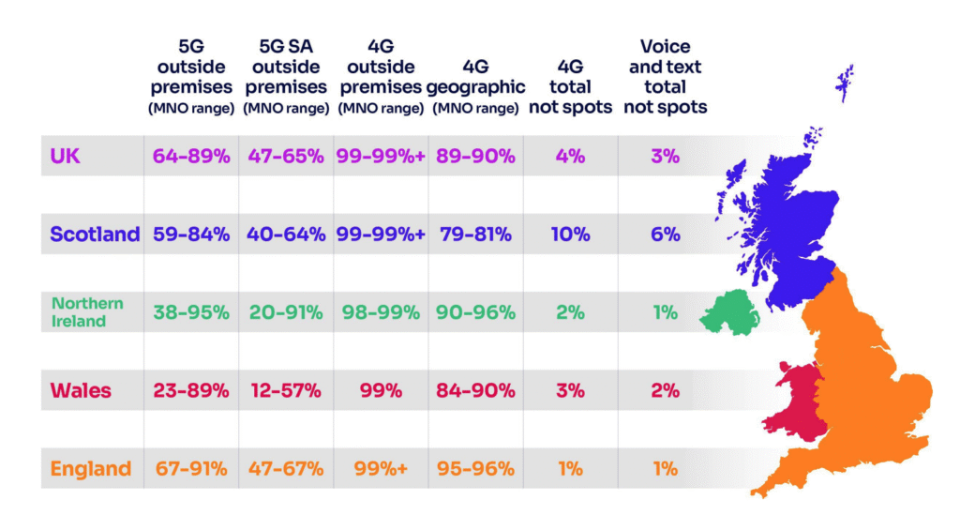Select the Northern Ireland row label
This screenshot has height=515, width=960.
pyautogui.click(x=87, y=312)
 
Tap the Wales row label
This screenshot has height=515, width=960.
pyautogui.click(x=81, y=390)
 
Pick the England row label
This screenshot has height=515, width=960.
pyautogui.click(x=91, y=468)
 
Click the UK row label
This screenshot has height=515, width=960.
pyautogui.click(x=67, y=157)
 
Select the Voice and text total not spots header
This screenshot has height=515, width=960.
pyautogui.click(x=666, y=76)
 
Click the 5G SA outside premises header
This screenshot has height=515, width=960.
pyautogui.click(x=285, y=76)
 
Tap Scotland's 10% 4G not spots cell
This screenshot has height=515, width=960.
pyautogui.click(x=570, y=235)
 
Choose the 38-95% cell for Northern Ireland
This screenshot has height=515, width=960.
pyautogui.click(x=191, y=312)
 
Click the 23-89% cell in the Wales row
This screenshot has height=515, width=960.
pyautogui.click(x=191, y=390)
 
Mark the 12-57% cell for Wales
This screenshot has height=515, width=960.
pyautogui.click(x=286, y=390)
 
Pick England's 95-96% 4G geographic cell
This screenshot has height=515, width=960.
pyautogui.click(x=474, y=468)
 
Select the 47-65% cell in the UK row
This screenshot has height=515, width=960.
pyautogui.click(x=286, y=157)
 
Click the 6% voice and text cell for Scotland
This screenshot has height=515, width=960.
pyautogui.click(x=665, y=235)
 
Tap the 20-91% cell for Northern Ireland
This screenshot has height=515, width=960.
pyautogui.click(x=286, y=312)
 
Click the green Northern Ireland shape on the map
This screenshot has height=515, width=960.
pyautogui.click(x=731, y=311)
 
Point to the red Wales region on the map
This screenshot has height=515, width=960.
pyautogui.click(x=795, y=399)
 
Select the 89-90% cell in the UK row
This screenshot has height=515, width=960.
pyautogui.click(x=474, y=157)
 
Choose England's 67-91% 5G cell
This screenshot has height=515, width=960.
pyautogui.click(x=191, y=468)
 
